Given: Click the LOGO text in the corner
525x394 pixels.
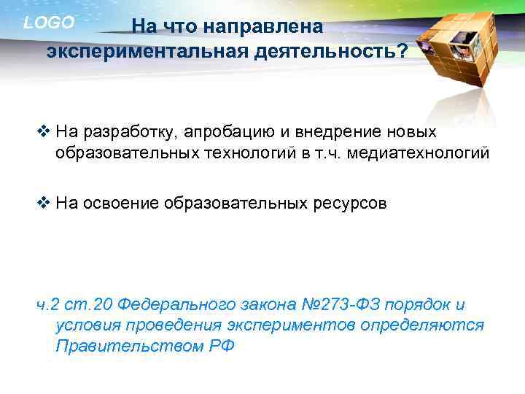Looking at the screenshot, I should pyautogui.click(x=49, y=23).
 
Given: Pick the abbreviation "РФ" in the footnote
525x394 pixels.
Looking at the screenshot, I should pyautogui.click(x=219, y=345).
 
